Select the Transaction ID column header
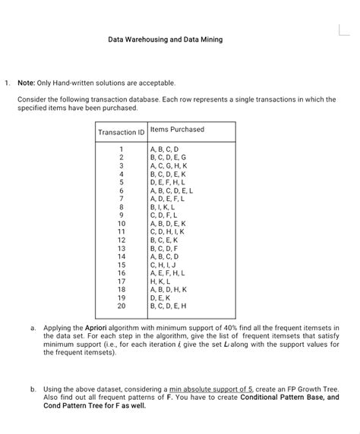tap(121, 133)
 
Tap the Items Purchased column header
tap(177, 129)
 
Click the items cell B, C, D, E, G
tap(173, 157)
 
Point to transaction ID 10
tap(121, 225)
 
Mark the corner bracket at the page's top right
tap(343, 30)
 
